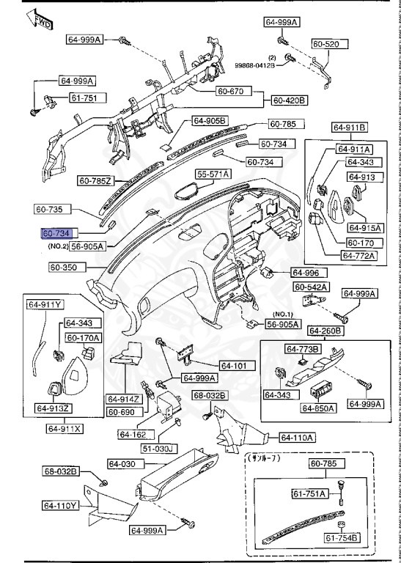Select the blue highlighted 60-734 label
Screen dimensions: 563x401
56,233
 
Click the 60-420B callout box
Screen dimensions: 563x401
290,100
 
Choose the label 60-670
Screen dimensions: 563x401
232,92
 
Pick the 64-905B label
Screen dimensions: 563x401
210,120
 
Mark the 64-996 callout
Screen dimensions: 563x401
306,272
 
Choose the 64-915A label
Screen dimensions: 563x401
363,227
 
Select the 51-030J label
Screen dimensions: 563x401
158,448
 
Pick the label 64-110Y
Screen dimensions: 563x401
60,505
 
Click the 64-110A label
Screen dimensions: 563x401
297,438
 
